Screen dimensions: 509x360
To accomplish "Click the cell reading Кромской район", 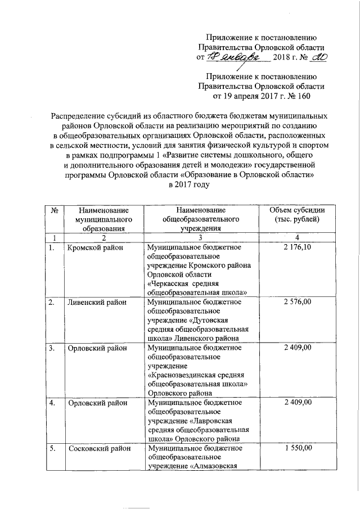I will [x=93, y=247].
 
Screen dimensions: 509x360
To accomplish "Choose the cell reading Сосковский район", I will [x=98, y=448].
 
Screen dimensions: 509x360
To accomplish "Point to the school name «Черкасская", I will [x=169, y=283].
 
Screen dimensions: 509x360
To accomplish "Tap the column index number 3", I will [x=200, y=237].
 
